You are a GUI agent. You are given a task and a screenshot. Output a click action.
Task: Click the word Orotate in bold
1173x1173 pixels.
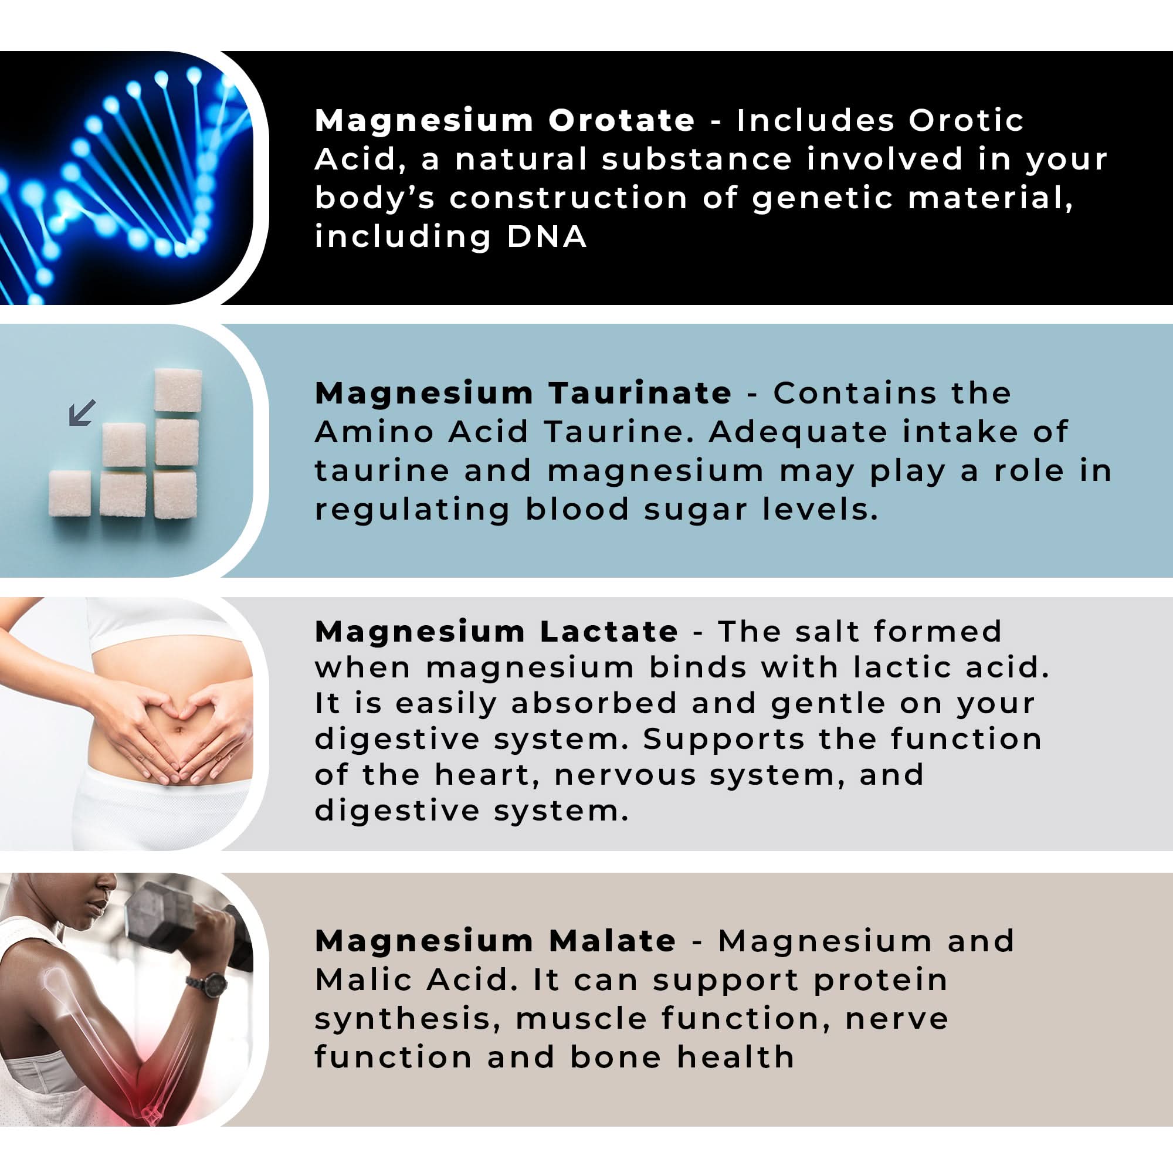pos(621,120)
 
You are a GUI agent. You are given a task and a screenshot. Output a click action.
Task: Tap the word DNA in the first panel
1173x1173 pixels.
pos(547,237)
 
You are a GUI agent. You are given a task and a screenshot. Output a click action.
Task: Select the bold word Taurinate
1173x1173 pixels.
pos(640,394)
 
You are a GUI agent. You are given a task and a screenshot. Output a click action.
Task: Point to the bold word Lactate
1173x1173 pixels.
pos(609,632)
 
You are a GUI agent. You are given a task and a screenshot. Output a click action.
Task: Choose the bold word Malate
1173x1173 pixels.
pos(613,942)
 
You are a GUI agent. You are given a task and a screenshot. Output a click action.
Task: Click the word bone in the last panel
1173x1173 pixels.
pos(616,1057)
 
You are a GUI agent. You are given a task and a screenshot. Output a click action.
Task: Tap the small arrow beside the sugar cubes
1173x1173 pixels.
pos(82,412)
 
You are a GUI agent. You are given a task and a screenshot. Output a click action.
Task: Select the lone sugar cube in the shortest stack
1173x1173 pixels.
pos(70,493)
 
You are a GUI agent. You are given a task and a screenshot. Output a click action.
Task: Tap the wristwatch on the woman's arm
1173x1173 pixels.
pos(206,984)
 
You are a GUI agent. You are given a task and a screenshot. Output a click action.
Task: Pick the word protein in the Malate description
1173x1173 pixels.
pos(880,981)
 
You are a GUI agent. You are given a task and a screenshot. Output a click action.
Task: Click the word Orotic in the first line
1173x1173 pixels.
pos(966,120)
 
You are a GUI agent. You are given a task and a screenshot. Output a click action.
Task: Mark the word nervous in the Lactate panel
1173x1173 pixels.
pos(625,775)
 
